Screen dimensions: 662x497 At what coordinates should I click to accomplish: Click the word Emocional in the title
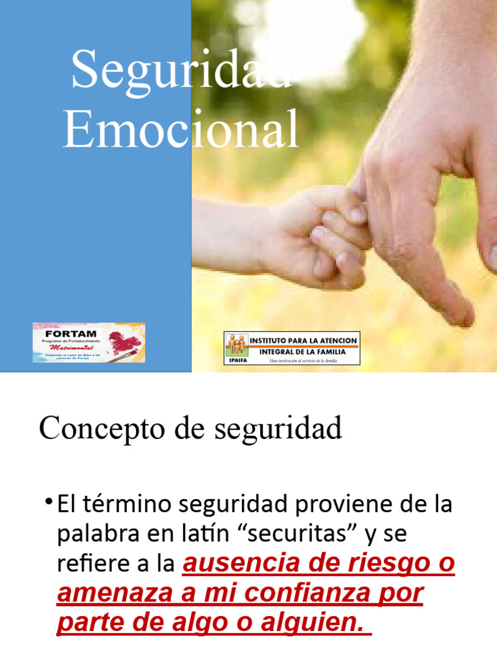click(181, 129)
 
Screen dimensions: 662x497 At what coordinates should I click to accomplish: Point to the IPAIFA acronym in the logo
click(237, 360)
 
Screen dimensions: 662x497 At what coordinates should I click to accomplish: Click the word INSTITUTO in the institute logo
click(272, 339)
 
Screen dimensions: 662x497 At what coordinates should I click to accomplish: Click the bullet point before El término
click(49, 502)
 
